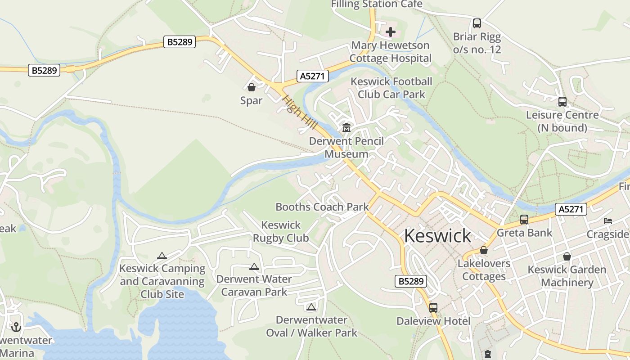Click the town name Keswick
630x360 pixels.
click(x=437, y=236)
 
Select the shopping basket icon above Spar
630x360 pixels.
click(x=251, y=87)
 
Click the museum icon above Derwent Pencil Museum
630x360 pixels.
click(x=346, y=128)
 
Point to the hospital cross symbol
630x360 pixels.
click(x=391, y=32)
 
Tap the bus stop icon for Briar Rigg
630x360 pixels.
click(x=477, y=23)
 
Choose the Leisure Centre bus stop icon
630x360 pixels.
click(x=562, y=102)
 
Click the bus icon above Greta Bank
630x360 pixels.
click(x=524, y=220)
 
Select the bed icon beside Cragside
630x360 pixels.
click(x=608, y=221)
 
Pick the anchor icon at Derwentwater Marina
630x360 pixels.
click(x=16, y=327)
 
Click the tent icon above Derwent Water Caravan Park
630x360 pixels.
click(x=254, y=266)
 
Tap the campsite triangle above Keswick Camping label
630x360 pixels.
click(x=162, y=256)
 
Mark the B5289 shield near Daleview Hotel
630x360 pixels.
click(x=411, y=281)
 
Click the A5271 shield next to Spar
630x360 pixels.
click(x=312, y=76)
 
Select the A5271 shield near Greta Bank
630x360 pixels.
click(x=571, y=209)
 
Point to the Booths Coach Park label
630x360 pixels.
click(x=322, y=207)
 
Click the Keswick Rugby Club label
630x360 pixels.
click(x=281, y=231)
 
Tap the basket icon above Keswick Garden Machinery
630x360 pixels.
click(x=567, y=256)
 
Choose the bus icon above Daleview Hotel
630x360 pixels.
click(x=433, y=308)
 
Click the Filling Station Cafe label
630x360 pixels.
click(x=377, y=4)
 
